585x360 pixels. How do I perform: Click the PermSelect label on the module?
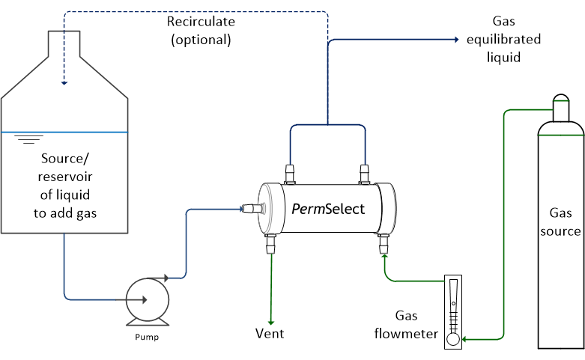click(327, 208)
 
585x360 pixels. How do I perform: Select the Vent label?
click(270, 333)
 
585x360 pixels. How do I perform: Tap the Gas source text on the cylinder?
click(560, 222)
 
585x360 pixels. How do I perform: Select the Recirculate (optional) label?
click(198, 31)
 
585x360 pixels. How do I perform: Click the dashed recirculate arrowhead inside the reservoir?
click(64, 82)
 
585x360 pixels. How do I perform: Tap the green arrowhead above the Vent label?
click(270, 320)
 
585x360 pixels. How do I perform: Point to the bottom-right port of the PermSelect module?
click(384, 243)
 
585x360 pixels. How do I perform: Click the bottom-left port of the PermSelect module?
click(270, 243)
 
